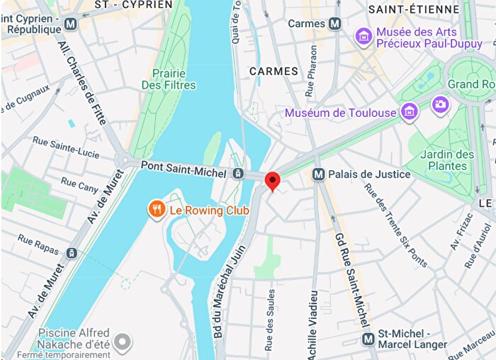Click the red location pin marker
point(273,181)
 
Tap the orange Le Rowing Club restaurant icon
point(157,210)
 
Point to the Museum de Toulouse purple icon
point(408,112)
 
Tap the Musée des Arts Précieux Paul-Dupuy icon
point(363,36)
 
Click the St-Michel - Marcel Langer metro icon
point(368,339)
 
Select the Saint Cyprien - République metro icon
point(70,24)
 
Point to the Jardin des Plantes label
point(446,160)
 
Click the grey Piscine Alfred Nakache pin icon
point(123,344)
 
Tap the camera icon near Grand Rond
point(440,104)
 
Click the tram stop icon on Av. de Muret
point(72,253)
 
